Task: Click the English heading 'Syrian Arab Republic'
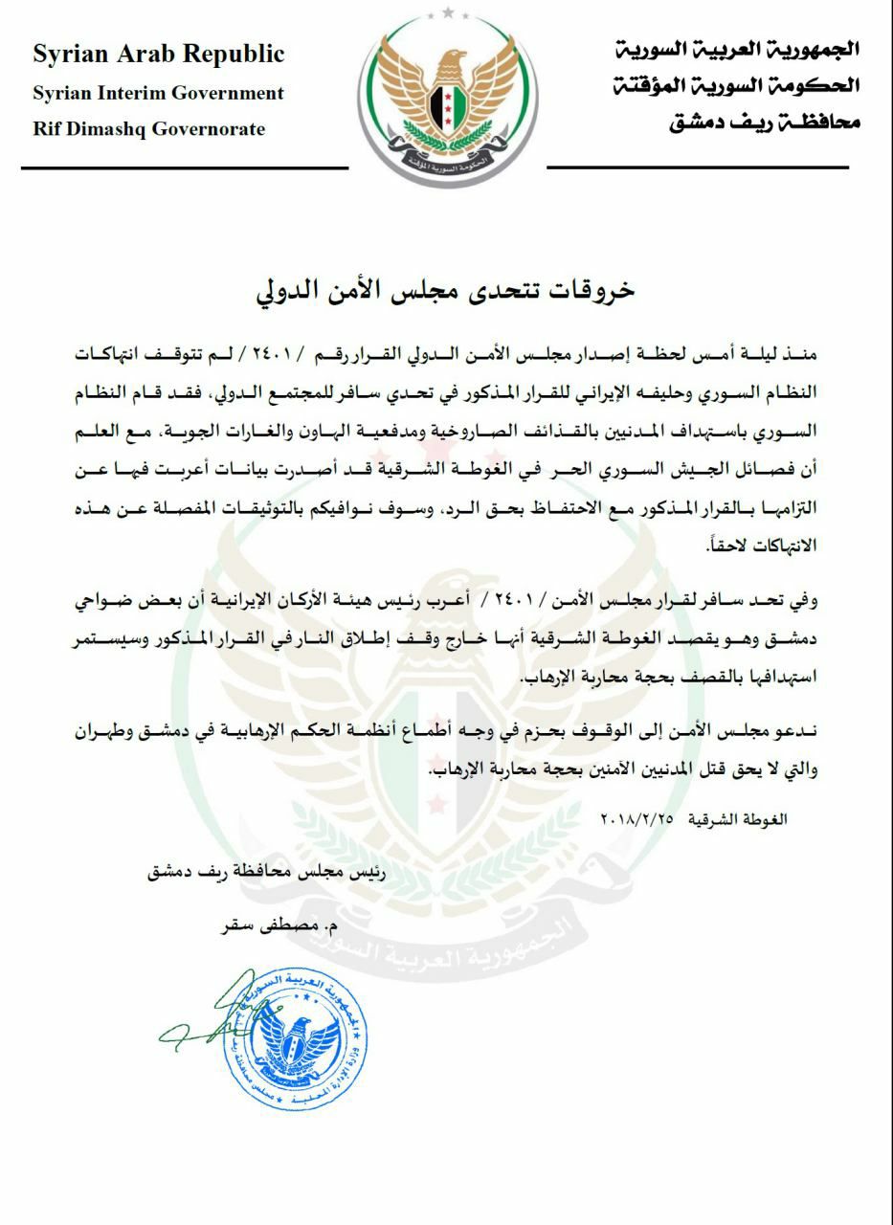point(158,55)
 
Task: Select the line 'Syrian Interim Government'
point(158,93)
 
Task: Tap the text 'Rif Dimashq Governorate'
point(148,129)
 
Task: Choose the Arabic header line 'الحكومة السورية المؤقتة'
point(736,86)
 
